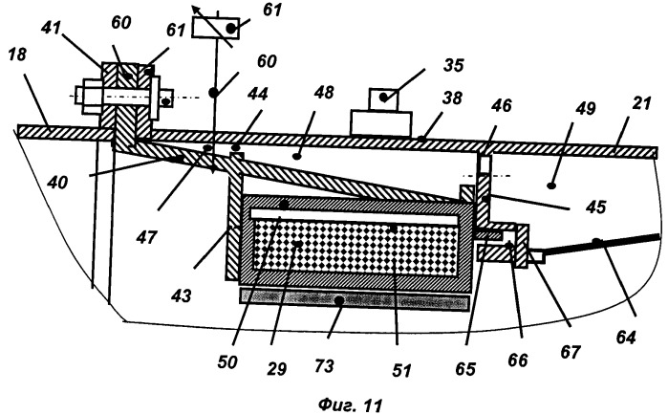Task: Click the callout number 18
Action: [x=17, y=55]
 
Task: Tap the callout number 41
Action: [x=52, y=29]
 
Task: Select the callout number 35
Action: [x=453, y=66]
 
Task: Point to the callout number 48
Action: [x=324, y=92]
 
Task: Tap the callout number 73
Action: [x=324, y=365]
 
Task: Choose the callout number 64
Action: [x=626, y=337]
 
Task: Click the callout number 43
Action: [x=181, y=295]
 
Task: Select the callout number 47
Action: [x=146, y=237]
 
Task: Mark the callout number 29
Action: [x=276, y=368]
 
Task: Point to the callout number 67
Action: [x=570, y=352]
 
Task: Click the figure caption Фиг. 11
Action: [x=350, y=404]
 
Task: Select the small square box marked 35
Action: [x=383, y=100]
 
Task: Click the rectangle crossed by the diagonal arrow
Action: [x=216, y=29]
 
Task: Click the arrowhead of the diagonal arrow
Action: [x=195, y=9]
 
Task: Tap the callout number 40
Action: [x=57, y=183]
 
